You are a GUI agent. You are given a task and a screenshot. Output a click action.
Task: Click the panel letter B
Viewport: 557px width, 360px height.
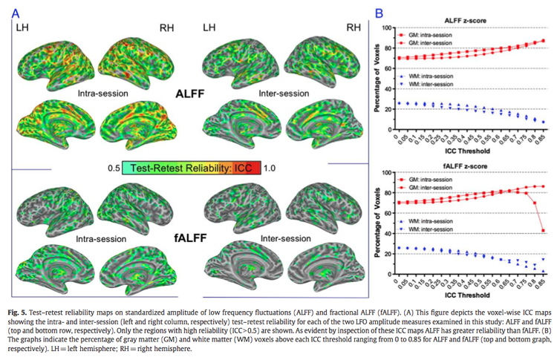coord(379,12)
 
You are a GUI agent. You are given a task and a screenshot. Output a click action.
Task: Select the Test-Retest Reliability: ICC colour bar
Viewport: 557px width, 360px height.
coord(190,168)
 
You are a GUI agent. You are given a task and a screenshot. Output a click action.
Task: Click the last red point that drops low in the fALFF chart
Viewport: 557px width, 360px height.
coord(544,230)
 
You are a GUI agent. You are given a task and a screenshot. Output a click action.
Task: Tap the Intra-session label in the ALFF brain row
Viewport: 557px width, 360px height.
coord(102,95)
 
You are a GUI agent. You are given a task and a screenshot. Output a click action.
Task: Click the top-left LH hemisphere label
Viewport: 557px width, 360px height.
coord(24,27)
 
